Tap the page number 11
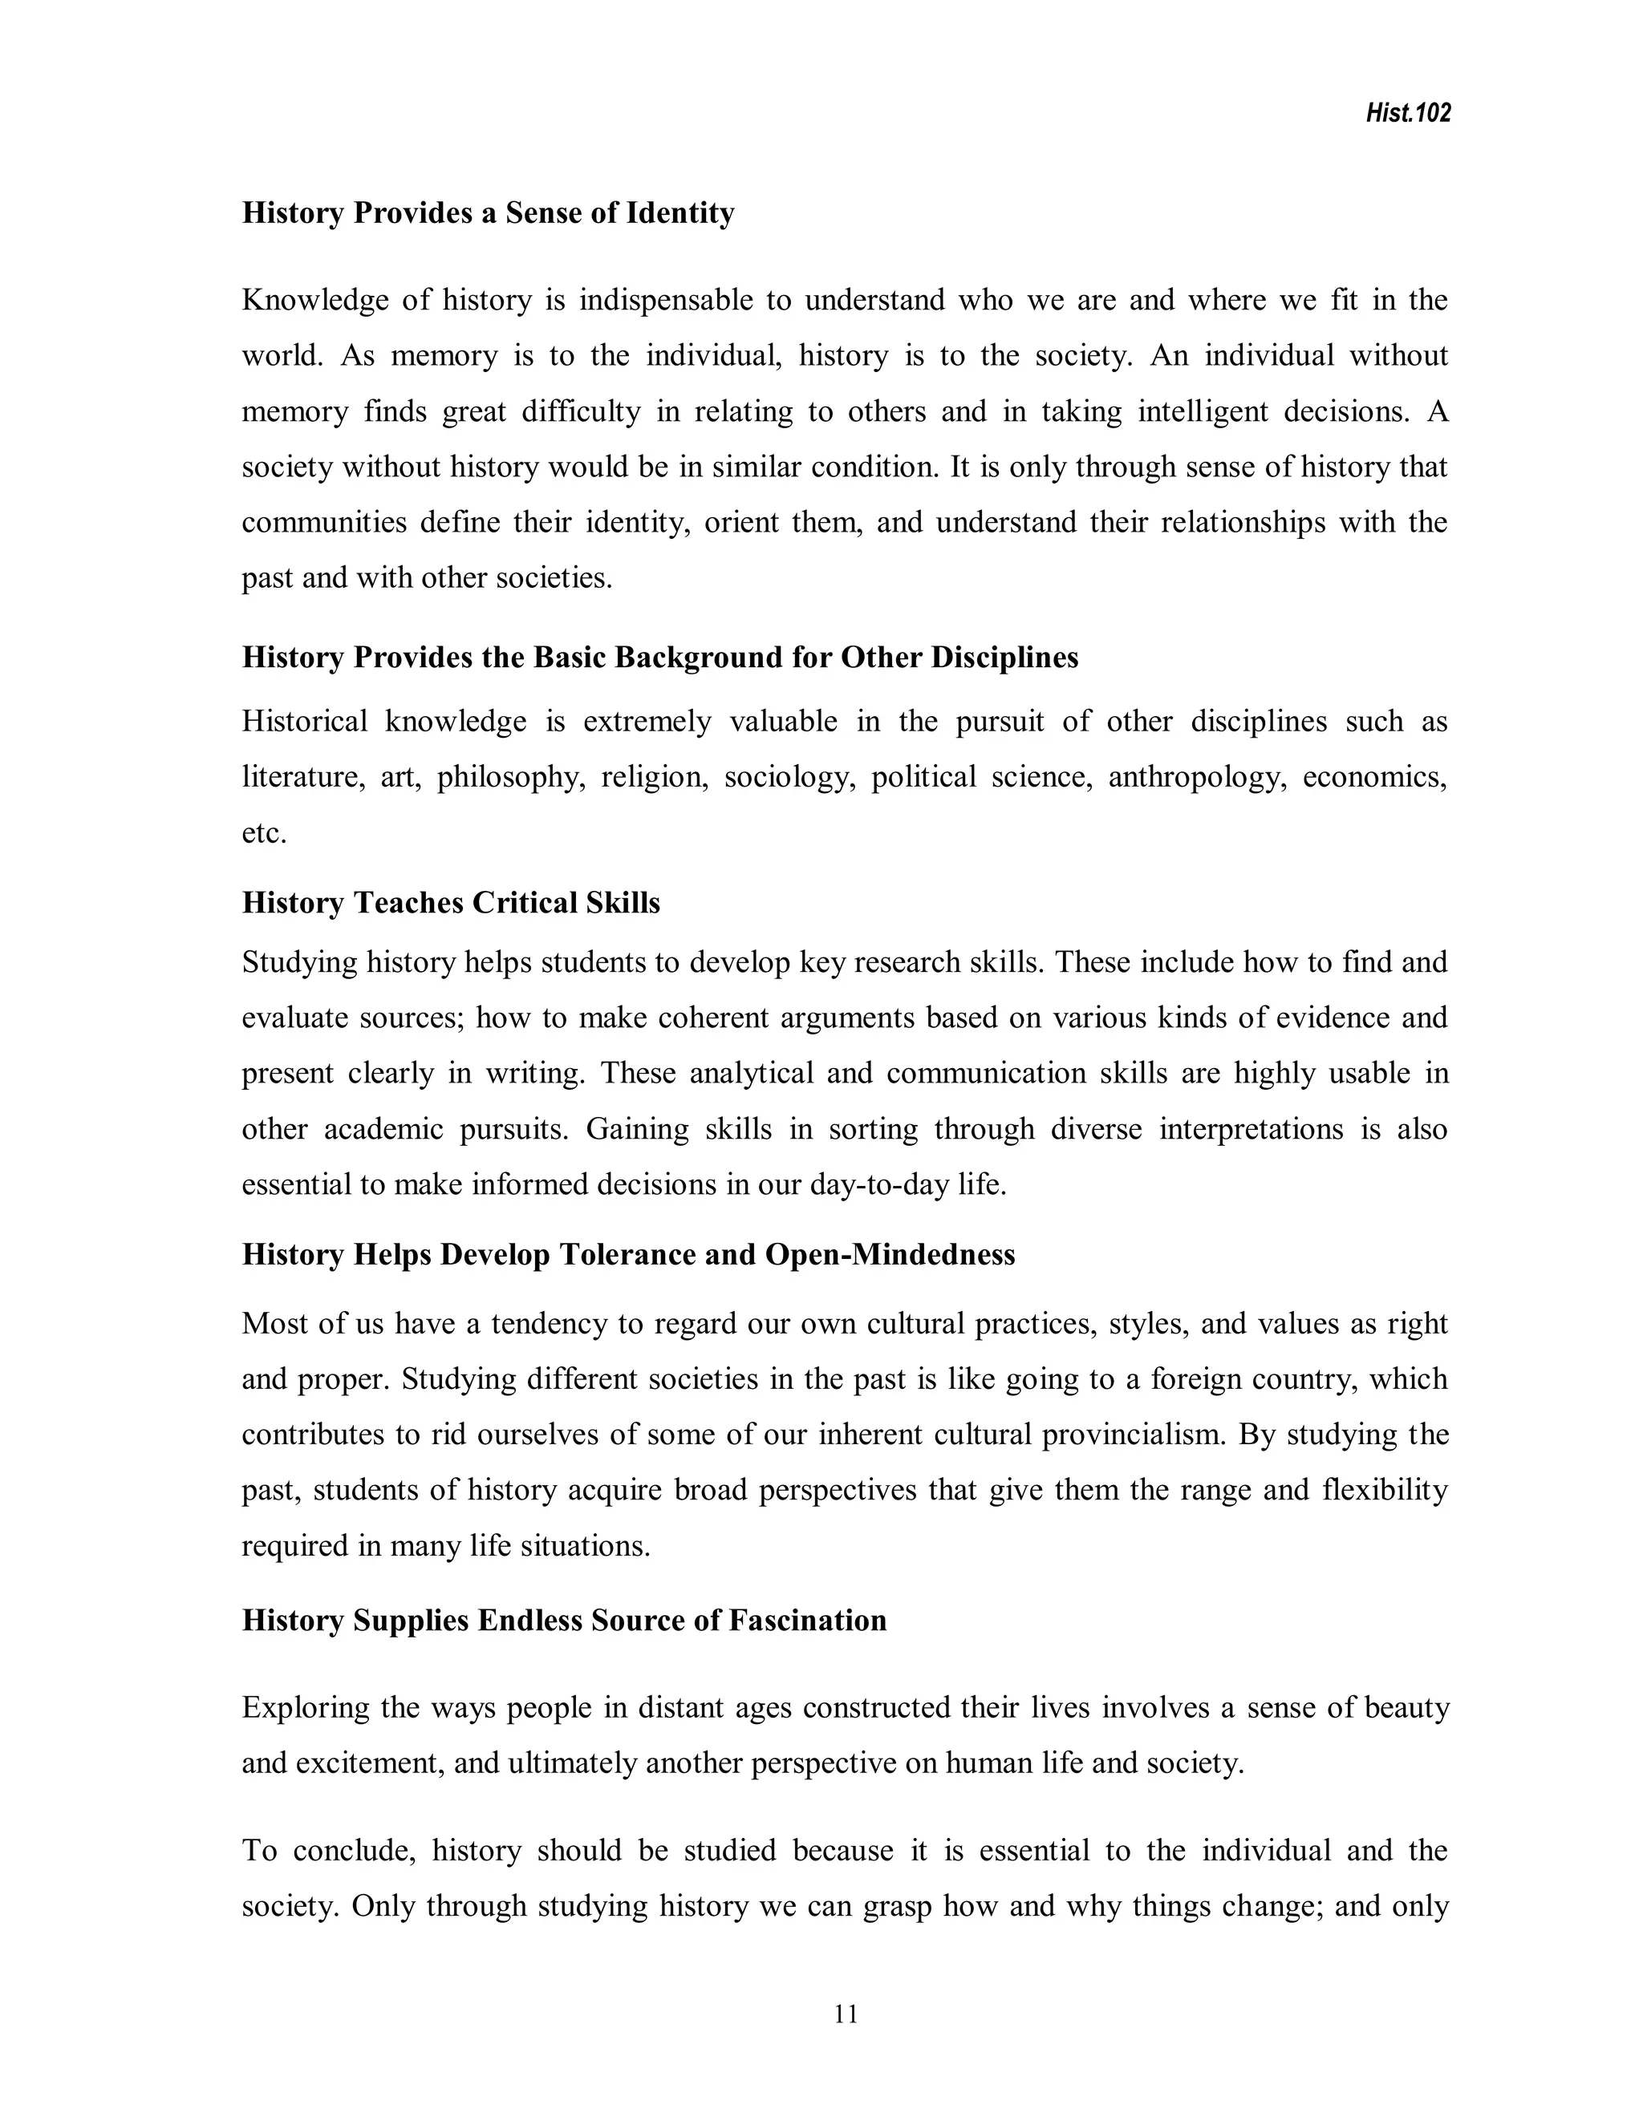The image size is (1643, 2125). point(846,2014)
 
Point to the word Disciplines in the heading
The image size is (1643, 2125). point(1004,658)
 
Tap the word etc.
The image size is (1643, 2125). point(264,834)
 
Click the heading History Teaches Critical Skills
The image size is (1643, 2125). point(451,903)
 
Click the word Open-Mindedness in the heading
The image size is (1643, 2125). point(890,1254)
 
